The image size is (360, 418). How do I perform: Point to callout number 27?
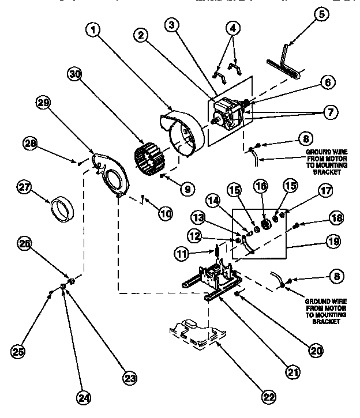click(x=24, y=189)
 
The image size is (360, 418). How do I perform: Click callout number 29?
click(x=43, y=103)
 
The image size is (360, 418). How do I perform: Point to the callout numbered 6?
click(x=327, y=82)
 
